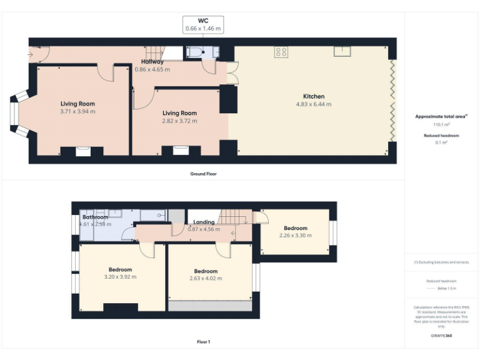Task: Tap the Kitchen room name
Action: coord(314,96)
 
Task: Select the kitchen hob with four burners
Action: coord(281,52)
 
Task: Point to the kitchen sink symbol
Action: coord(342,51)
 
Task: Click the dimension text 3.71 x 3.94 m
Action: coord(77,111)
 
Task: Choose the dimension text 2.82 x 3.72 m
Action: coord(179,121)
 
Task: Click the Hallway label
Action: coord(152,62)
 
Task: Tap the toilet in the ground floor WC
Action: coord(195,53)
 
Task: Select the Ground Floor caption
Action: coord(203,173)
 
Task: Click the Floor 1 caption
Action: coord(203,342)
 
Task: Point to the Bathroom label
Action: coord(96,217)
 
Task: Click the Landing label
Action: coord(204,222)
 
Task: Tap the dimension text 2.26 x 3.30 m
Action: coord(295,236)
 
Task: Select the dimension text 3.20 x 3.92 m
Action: coord(119,276)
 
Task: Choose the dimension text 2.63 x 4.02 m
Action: coord(205,278)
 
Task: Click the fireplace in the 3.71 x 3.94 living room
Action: coord(82,151)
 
